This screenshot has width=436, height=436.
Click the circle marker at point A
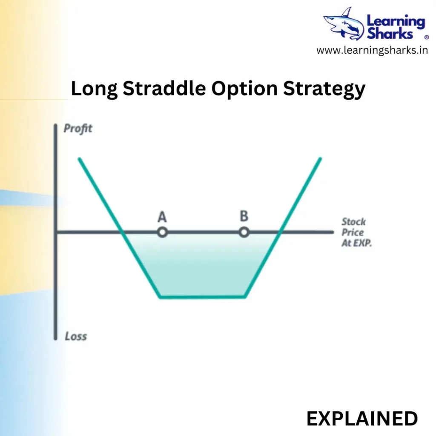(x=162, y=232)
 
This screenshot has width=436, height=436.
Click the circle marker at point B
(x=244, y=232)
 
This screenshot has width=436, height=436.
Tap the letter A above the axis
(x=162, y=217)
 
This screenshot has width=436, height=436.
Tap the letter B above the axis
(x=244, y=216)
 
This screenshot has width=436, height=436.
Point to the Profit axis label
(x=78, y=129)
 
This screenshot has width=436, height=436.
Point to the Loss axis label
(x=76, y=336)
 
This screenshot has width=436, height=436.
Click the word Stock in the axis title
(x=354, y=222)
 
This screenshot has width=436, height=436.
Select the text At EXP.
(x=356, y=243)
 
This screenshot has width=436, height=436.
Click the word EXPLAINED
(x=362, y=419)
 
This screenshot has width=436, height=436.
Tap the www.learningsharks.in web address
(x=372, y=50)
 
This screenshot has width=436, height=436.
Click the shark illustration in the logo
(x=344, y=24)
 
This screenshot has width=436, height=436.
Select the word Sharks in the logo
(x=390, y=34)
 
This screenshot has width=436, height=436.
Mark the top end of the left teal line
(x=79, y=159)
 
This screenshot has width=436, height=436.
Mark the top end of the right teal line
(x=320, y=159)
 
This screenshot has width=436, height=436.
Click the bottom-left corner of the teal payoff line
(x=160, y=297)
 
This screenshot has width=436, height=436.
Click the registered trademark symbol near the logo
(x=427, y=37)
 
